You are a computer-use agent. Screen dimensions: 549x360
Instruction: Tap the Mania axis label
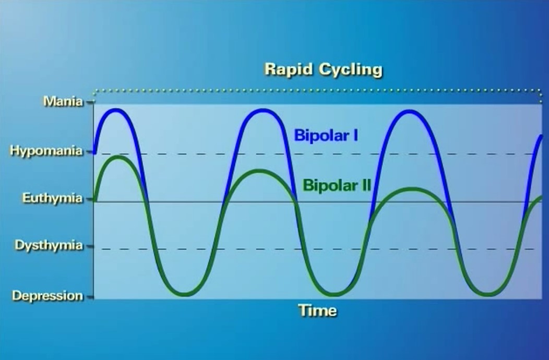coord(63,102)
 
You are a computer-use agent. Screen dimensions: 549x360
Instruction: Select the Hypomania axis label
coord(46,151)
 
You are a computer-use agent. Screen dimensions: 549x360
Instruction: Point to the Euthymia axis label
coord(53,198)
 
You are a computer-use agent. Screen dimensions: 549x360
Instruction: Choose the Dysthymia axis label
coord(49,245)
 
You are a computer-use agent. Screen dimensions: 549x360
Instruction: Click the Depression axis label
coord(47,296)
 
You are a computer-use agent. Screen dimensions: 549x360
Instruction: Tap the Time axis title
coord(318,310)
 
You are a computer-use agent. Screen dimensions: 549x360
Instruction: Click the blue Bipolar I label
coord(326,135)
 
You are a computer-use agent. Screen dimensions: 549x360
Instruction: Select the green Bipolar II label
coord(337,185)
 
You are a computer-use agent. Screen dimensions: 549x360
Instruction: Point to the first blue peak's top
coord(116,111)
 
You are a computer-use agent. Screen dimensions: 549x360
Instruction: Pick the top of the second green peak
coord(259,172)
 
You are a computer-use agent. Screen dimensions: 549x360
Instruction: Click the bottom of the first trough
coord(184,294)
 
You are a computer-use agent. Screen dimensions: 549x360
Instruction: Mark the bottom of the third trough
coord(487,294)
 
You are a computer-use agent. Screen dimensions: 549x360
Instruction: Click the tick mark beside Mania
coord(90,102)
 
